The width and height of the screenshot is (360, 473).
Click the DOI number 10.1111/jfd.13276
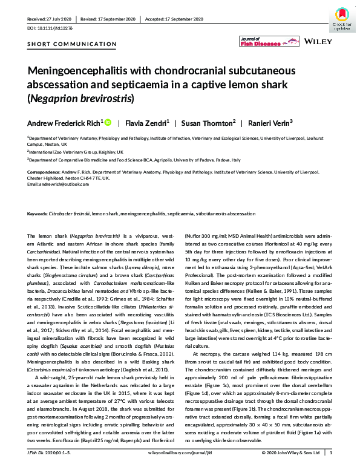(x=53, y=27)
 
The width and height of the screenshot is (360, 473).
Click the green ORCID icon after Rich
(x=108, y=123)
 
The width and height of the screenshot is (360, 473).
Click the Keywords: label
(x=39, y=214)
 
